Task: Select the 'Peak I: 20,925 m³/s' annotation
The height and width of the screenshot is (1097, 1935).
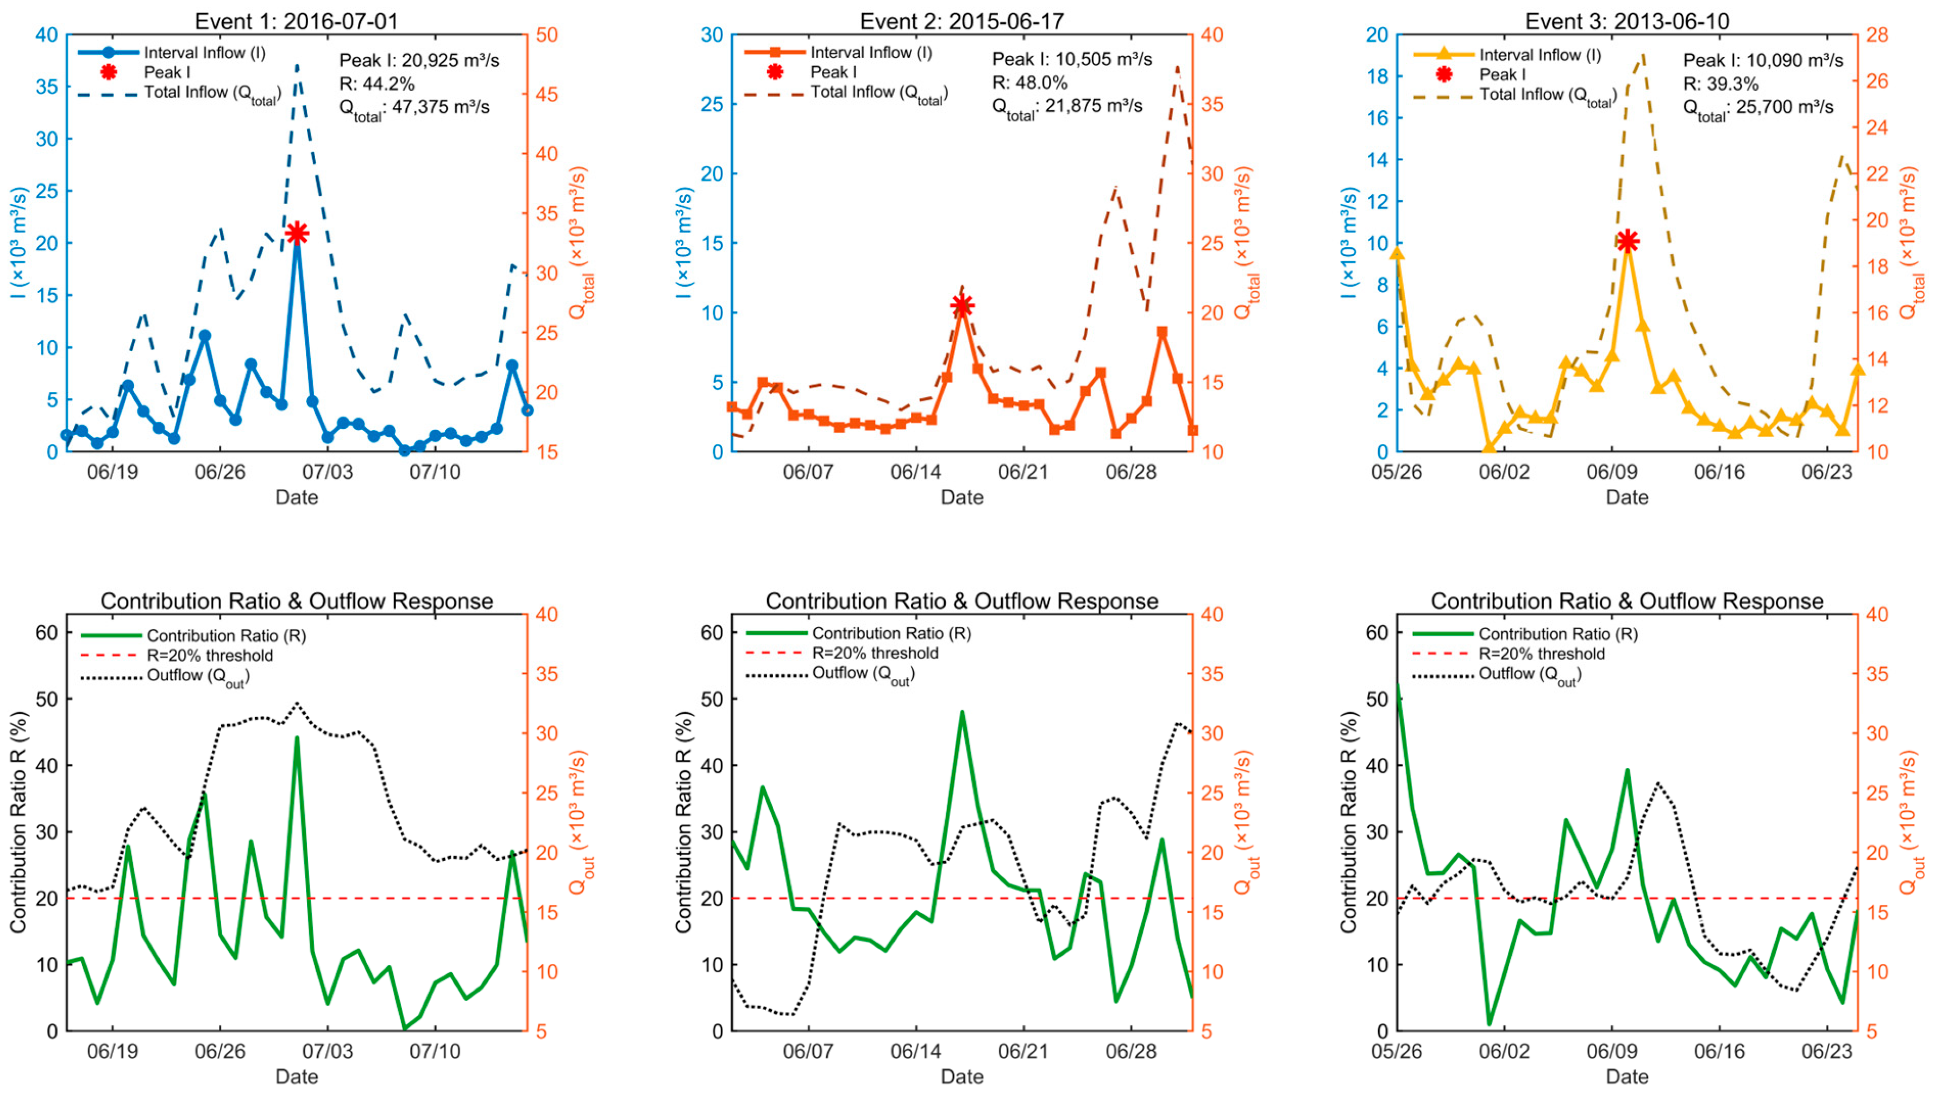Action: point(419,60)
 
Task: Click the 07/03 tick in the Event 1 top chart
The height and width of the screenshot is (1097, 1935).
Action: point(327,473)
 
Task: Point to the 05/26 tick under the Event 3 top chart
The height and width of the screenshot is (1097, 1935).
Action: point(1397,473)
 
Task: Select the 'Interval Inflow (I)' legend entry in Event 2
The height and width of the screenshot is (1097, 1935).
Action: point(871,53)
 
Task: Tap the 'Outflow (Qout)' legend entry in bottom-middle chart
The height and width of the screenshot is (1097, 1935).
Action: point(863,674)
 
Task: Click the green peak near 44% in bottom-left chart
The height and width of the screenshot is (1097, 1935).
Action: point(297,738)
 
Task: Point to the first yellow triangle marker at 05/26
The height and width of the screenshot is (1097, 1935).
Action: point(1397,254)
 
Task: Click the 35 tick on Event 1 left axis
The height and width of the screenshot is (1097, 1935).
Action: point(47,87)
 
